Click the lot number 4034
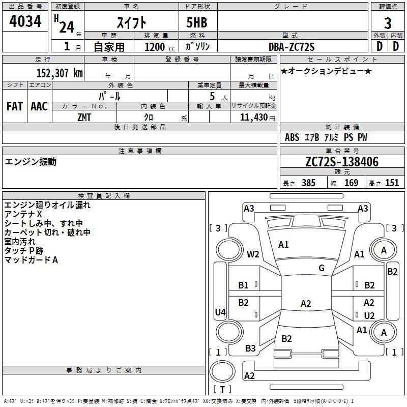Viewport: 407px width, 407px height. coord(25,22)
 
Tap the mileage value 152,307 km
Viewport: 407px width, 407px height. coord(60,73)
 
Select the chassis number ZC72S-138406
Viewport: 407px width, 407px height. coord(341,162)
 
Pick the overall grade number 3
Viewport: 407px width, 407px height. coord(388,23)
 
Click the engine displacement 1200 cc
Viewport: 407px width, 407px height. coord(158,47)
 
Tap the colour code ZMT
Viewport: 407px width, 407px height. coord(84,117)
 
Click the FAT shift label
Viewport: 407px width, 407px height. coord(14,106)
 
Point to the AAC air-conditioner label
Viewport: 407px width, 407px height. coord(39,106)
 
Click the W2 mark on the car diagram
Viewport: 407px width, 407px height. coord(253,254)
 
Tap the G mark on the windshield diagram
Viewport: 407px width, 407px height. coord(322,268)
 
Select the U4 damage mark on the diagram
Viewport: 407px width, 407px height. coord(220,312)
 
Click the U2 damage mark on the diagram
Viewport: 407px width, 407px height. coord(369,315)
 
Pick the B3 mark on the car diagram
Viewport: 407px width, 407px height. coord(250,348)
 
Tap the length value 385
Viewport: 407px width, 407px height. coord(308,183)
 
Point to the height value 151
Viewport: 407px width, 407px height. coord(392,183)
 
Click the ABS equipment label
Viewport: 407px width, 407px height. coord(292,137)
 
